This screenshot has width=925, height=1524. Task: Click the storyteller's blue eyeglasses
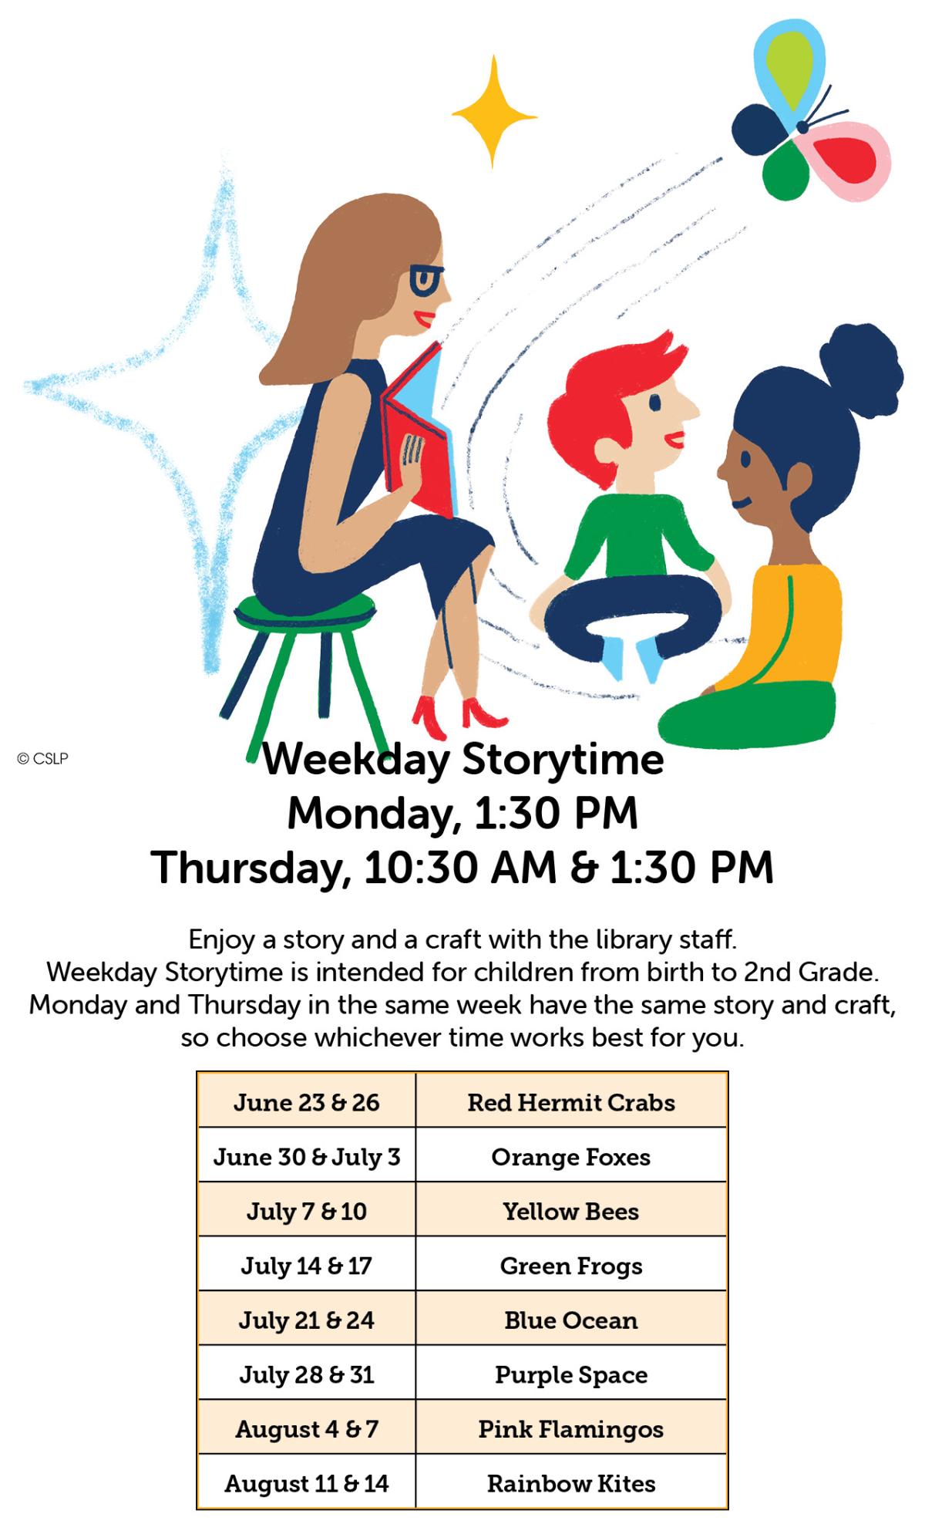(x=425, y=279)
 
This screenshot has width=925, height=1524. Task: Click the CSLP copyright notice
(x=43, y=759)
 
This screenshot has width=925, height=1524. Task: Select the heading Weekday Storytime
(x=462, y=760)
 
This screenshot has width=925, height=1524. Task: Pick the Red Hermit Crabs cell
(x=571, y=1102)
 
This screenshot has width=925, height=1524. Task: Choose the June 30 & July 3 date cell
(x=307, y=1157)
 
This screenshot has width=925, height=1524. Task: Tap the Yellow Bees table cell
(x=571, y=1211)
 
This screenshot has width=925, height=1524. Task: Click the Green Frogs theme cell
(x=571, y=1266)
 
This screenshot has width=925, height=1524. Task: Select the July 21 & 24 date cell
(x=307, y=1320)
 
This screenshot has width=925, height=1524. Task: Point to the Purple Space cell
(x=571, y=1374)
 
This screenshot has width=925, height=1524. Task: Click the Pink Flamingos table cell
(x=571, y=1429)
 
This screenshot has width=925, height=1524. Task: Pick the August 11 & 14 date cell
(x=307, y=1483)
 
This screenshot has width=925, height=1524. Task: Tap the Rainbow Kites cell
(x=571, y=1483)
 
